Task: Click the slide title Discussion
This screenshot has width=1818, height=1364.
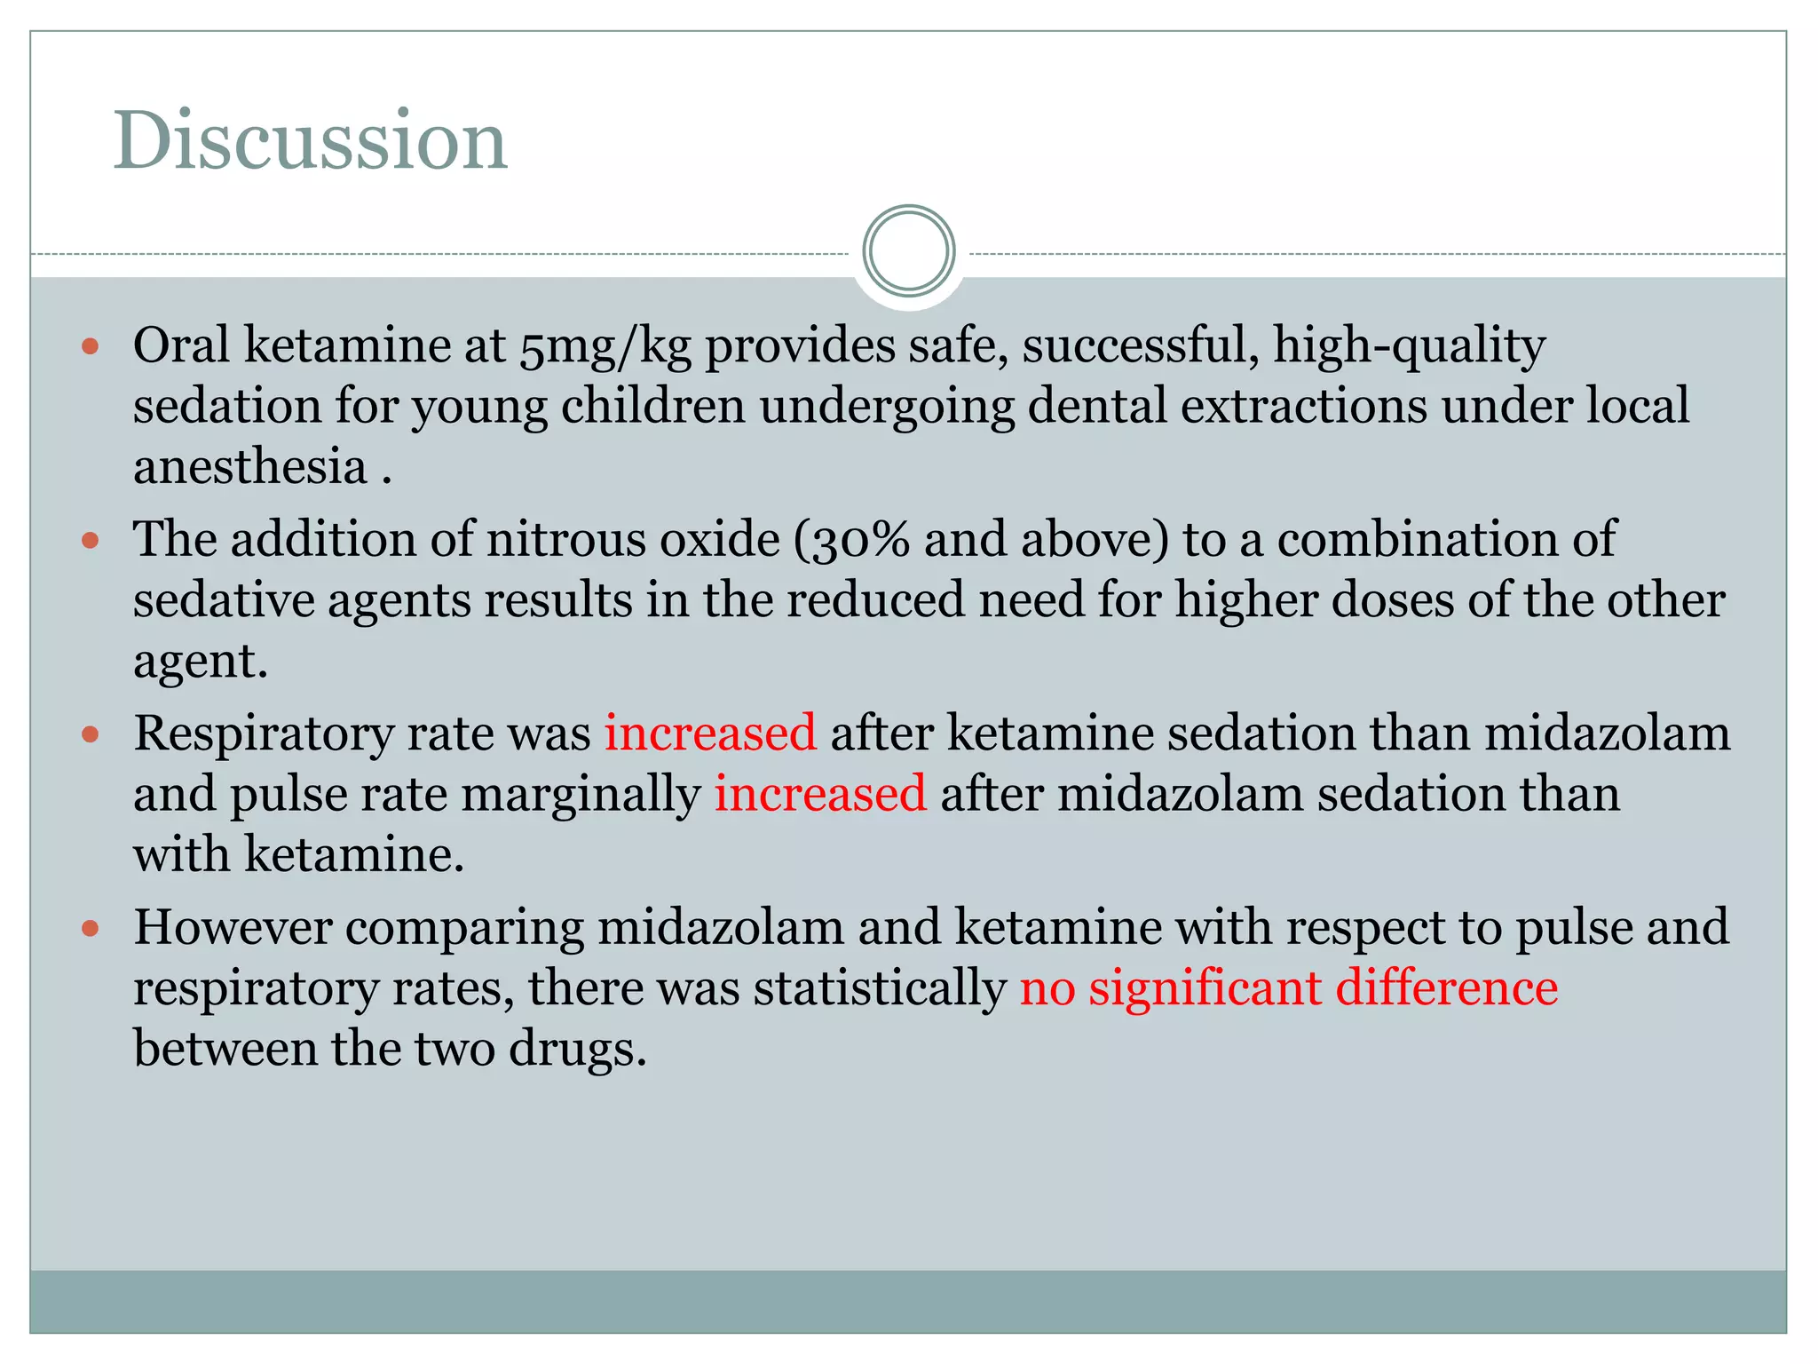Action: pyautogui.click(x=310, y=140)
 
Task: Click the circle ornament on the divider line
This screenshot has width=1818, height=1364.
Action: pyautogui.click(x=908, y=251)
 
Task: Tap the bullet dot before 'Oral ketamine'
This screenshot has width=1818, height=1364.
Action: pyautogui.click(x=90, y=346)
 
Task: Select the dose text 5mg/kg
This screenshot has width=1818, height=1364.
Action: pyautogui.click(x=605, y=346)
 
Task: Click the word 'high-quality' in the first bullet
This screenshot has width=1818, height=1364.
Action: pyautogui.click(x=1409, y=346)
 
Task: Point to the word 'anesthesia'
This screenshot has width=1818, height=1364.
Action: pyautogui.click(x=250, y=467)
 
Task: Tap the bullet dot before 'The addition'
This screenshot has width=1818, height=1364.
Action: pyautogui.click(x=90, y=540)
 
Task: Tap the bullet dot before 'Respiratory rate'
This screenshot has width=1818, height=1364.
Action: pyautogui.click(x=90, y=734)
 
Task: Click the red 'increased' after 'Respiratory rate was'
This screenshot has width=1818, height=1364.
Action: pyautogui.click(x=710, y=734)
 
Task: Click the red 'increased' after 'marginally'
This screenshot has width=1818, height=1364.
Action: pyautogui.click(x=820, y=794)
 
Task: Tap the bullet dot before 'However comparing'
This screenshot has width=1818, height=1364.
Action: pyautogui.click(x=90, y=929)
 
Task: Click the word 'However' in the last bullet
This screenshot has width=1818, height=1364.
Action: pyautogui.click(x=233, y=928)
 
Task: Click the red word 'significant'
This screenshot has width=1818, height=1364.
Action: pyautogui.click(x=1205, y=988)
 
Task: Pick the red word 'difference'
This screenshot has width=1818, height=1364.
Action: pyautogui.click(x=1446, y=988)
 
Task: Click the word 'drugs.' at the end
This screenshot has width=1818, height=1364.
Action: pyautogui.click(x=577, y=1050)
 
